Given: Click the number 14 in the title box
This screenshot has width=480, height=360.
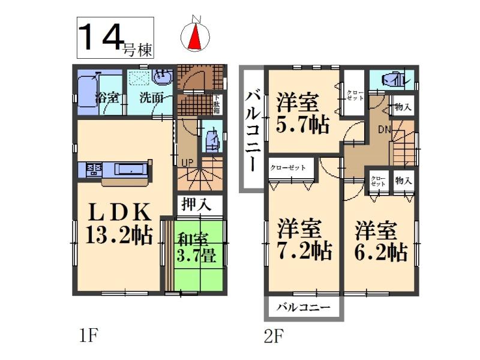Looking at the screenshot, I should [100, 37].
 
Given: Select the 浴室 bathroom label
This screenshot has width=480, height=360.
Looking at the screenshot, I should [108, 97].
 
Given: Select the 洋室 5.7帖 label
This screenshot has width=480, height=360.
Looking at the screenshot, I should [302, 113].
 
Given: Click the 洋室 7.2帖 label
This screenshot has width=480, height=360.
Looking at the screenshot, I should [304, 239].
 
